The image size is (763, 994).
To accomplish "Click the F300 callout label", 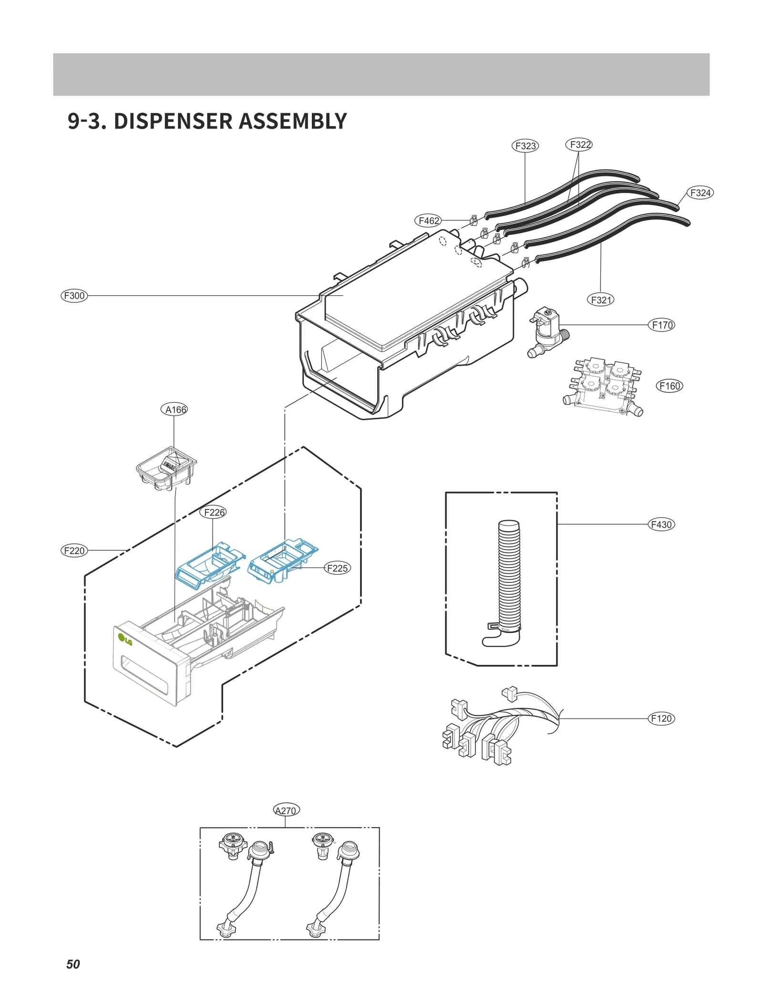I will pyautogui.click(x=74, y=295).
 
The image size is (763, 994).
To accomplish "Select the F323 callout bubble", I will pyautogui.click(x=525, y=145).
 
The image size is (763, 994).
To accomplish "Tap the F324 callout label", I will pyautogui.click(x=700, y=193).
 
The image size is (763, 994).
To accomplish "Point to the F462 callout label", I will pyautogui.click(x=428, y=220).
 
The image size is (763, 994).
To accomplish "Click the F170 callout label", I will pyautogui.click(x=662, y=325).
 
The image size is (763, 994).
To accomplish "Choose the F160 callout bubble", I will pyautogui.click(x=670, y=386).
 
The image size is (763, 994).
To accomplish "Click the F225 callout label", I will pyautogui.click(x=337, y=568).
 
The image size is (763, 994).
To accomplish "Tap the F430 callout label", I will pyautogui.click(x=661, y=524).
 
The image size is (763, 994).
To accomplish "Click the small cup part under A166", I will pyautogui.click(x=166, y=468).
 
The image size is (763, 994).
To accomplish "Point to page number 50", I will pyautogui.click(x=73, y=964).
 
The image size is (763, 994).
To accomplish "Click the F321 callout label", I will pyautogui.click(x=600, y=300).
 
